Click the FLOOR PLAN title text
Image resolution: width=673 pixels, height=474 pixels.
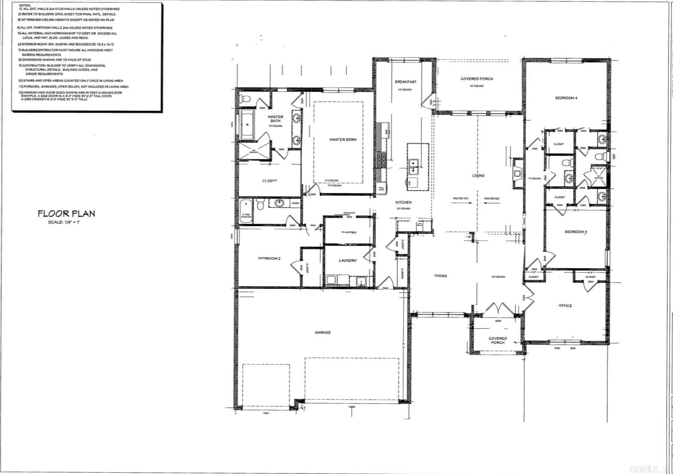coord(66,213)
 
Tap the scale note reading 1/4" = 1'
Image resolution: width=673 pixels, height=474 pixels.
coord(64,222)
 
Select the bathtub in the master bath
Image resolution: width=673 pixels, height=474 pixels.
coord(247,125)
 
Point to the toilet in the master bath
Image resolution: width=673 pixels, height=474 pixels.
coord(245,99)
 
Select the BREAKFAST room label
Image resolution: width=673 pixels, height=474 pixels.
coord(405,82)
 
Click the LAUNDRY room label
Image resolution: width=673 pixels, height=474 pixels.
coord(348,261)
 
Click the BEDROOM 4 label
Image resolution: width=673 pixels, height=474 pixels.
coord(566,98)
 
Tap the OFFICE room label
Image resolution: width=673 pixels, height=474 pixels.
coord(565,306)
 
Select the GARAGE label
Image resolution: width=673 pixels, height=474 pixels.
coord(322,332)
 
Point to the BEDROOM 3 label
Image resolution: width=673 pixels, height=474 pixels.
coord(576,232)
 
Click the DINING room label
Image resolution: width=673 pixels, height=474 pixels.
coord(440,276)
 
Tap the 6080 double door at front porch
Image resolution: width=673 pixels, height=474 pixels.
coord(498,310)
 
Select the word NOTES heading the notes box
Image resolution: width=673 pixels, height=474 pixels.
coord(24,5)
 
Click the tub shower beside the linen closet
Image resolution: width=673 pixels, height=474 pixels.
coord(246,211)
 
